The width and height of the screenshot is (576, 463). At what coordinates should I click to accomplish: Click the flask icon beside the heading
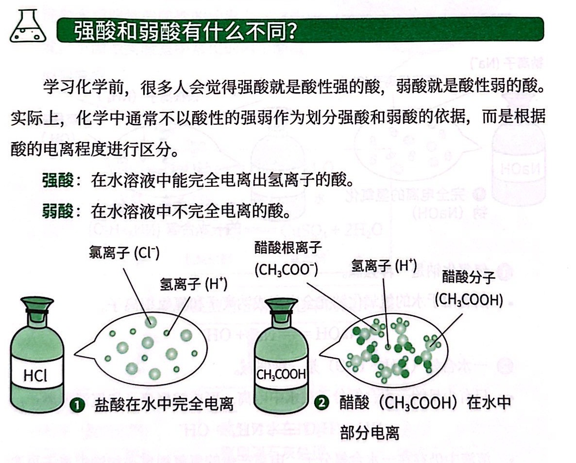pyautogui.click(x=28, y=26)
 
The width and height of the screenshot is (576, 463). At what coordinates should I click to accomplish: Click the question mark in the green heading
pyautogui.click(x=290, y=30)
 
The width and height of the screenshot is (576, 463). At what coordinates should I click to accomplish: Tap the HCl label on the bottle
pyautogui.click(x=35, y=376)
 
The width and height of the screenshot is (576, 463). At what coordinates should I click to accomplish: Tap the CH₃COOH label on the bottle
pyautogui.click(x=281, y=374)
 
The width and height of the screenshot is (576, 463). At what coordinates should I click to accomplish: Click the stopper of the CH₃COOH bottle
pyautogui.click(x=281, y=308)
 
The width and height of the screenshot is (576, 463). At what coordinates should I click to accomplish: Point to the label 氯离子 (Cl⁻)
pyautogui.click(x=124, y=253)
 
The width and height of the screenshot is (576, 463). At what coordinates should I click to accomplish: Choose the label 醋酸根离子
pyautogui.click(x=288, y=248)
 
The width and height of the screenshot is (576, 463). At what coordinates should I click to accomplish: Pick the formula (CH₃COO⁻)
pyautogui.click(x=287, y=270)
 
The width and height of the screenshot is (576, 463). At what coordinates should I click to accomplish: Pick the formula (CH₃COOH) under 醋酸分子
pyautogui.click(x=469, y=299)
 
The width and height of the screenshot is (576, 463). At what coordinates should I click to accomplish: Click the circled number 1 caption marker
pyautogui.click(x=77, y=405)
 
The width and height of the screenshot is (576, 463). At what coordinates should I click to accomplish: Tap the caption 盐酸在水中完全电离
pyautogui.click(x=164, y=405)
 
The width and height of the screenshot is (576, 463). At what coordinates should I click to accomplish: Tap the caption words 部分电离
pyautogui.click(x=370, y=433)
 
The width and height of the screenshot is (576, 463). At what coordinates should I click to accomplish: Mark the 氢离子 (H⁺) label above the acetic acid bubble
pyautogui.click(x=384, y=265)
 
